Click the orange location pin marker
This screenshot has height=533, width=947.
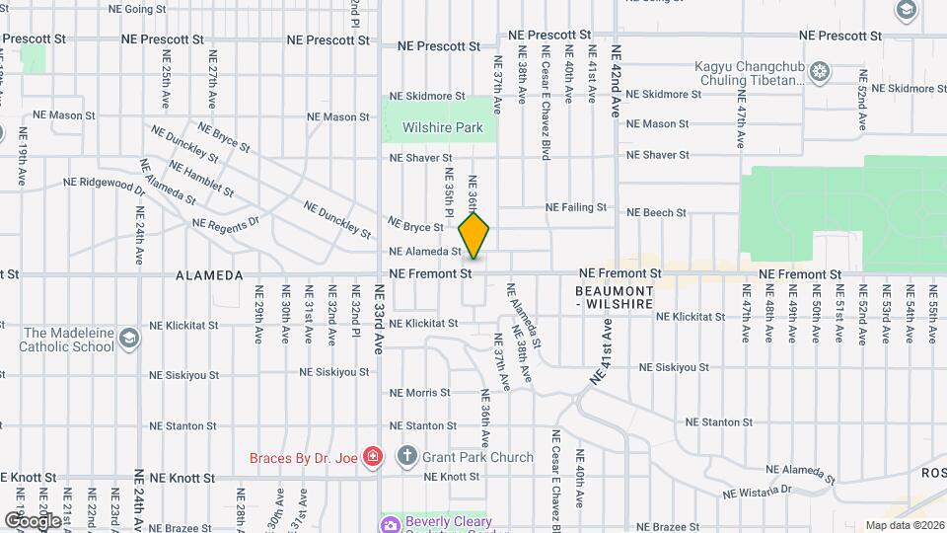[x=474, y=234]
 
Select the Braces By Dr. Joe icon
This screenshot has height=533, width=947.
[x=373, y=457]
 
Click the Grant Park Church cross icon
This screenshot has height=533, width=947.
[x=406, y=456]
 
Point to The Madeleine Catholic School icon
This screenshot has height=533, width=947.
[x=128, y=340]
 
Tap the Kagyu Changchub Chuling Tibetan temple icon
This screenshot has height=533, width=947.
[x=820, y=71]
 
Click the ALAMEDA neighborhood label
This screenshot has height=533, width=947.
[x=209, y=275]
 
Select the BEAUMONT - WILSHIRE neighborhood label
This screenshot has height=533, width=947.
[x=615, y=298]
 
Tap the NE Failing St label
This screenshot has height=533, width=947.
[x=576, y=207]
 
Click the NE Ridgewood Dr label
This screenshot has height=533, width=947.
[x=104, y=183]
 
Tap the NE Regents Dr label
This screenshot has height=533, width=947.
[x=225, y=222]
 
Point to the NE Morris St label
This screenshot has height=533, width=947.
[x=419, y=392]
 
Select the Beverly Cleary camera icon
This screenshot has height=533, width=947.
[x=392, y=523]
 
